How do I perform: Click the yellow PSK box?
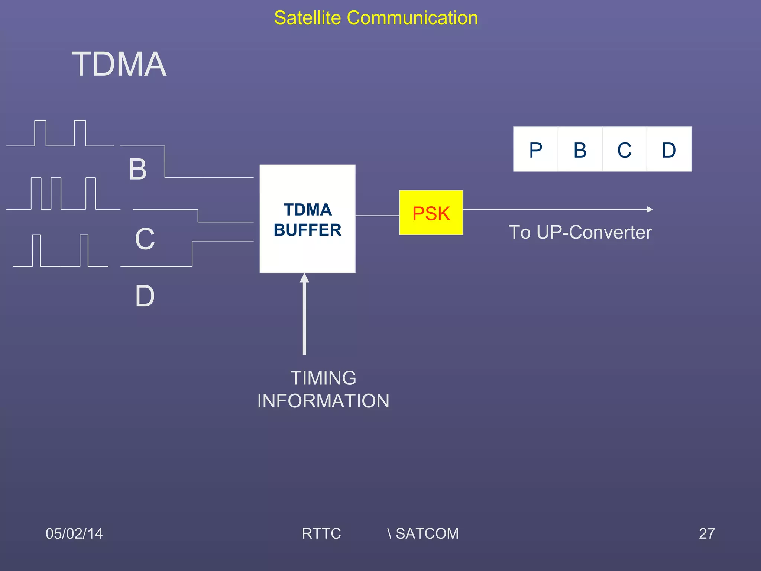coord(431,213)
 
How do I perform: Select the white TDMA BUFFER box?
coord(307,219)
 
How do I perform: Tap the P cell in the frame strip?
coord(535,149)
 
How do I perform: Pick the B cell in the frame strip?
coord(580,149)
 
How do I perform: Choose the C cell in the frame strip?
coord(624,149)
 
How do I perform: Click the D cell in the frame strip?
coord(669,149)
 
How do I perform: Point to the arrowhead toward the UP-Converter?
coord(650,209)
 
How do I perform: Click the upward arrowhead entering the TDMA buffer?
coord(304,278)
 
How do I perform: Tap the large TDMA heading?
coord(119,65)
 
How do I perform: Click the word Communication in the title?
coord(412,18)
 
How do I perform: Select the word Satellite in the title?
coord(307,18)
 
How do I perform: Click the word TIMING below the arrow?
coord(323,378)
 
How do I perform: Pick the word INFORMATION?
coord(323,401)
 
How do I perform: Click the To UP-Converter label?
coord(580,232)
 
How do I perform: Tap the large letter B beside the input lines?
coord(137,170)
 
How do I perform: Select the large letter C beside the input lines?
coord(145,239)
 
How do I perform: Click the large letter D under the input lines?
coord(145,297)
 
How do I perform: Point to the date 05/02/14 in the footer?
coord(74,533)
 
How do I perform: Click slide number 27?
coord(706,533)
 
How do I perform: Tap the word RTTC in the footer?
coord(321,533)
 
